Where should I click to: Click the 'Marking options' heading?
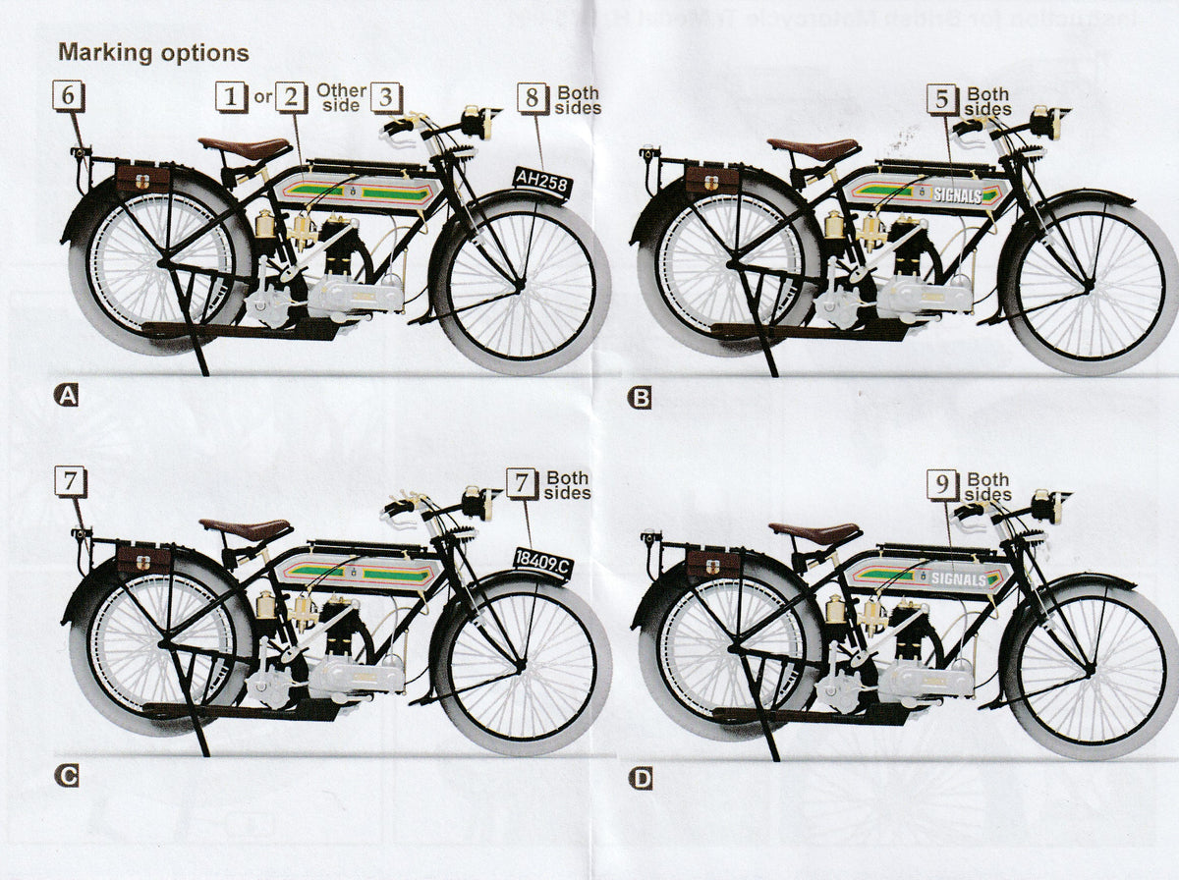tap(153, 51)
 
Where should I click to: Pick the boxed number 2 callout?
tap(291, 96)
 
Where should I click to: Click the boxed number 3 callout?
tap(387, 96)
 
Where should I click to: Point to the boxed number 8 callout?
tap(533, 98)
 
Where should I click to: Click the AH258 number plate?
tap(541, 181)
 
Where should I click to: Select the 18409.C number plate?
tap(541, 561)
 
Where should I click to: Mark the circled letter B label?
tap(640, 398)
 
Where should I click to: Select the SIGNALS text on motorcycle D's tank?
tap(958, 578)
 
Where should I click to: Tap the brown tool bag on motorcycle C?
tap(142, 561)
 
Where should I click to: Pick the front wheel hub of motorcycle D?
tap(1089, 669)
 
